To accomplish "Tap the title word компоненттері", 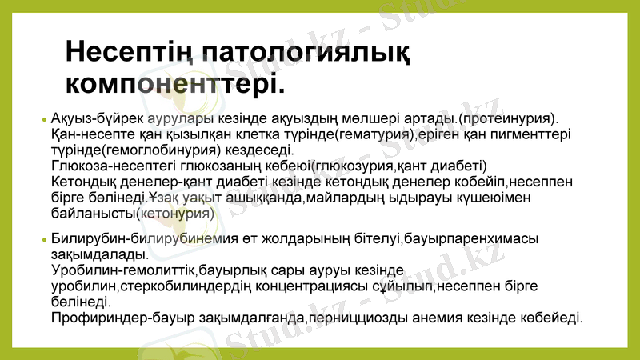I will [174, 82].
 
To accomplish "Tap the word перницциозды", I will [351, 318].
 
